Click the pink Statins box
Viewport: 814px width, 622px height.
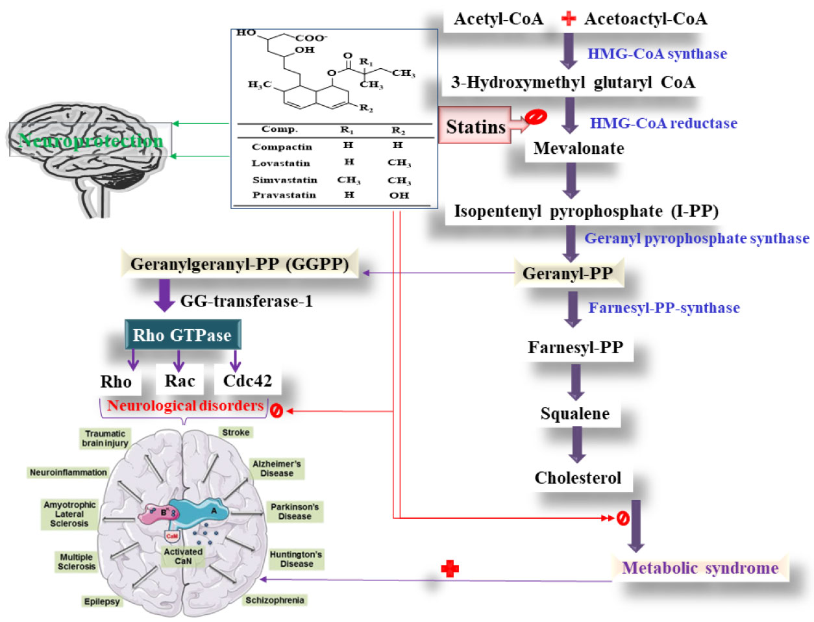[x=475, y=126]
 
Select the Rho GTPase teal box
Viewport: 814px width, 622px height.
[x=182, y=335]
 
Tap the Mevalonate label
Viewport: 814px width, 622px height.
[x=578, y=149]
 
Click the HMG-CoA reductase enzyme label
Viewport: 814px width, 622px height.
[x=663, y=123]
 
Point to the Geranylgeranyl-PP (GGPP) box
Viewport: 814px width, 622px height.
[x=240, y=264]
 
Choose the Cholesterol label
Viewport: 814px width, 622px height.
[x=578, y=478]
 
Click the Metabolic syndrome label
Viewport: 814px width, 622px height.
[x=700, y=568]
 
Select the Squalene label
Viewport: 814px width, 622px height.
[x=574, y=414]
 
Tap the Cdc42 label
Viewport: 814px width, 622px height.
[x=247, y=380]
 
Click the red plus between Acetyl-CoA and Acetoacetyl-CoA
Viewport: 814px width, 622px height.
[x=568, y=18]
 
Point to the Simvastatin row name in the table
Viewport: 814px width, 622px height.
[x=284, y=180]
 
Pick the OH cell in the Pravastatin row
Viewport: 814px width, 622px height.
[x=399, y=195]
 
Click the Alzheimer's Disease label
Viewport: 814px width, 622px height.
[x=277, y=468]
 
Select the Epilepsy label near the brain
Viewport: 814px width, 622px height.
[x=102, y=601]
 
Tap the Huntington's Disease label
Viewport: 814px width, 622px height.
[x=296, y=559]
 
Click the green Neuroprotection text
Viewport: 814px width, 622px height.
[x=91, y=140]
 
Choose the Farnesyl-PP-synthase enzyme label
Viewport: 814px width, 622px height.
[x=663, y=308]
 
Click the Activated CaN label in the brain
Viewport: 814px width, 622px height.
[x=183, y=556]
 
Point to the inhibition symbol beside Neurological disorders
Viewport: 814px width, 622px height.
[x=276, y=411]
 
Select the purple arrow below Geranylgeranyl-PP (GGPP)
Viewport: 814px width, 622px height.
[x=164, y=296]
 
